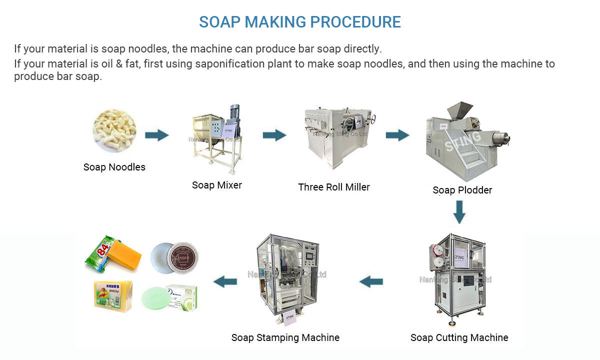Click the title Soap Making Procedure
[300, 22]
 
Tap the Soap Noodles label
[114, 167]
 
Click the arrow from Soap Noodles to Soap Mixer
[156, 135]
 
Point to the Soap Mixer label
[216, 185]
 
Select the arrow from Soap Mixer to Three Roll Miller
[274, 135]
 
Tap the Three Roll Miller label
[333, 187]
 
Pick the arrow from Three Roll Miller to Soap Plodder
[397, 135]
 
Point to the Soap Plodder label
[462, 190]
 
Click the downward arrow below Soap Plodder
[459, 212]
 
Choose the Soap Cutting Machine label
[459, 337]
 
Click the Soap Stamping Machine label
[285, 337]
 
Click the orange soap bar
[124, 255]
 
